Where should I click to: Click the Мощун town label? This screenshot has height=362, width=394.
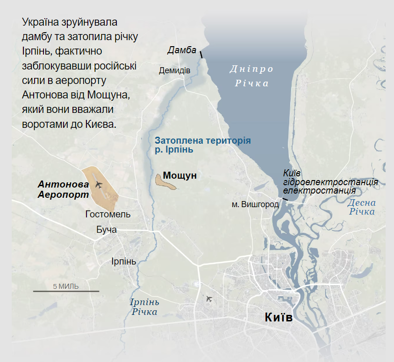pos(179,176)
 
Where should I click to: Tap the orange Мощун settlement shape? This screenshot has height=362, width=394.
pos(165,181)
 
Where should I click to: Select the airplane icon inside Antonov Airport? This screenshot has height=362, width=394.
pos(98,185)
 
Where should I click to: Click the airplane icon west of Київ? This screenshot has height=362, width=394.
pos(208,299)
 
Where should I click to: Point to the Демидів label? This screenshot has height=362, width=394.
pos(174,70)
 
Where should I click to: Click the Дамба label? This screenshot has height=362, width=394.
pos(182,50)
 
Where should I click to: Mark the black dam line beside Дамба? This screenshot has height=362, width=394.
pos(201,55)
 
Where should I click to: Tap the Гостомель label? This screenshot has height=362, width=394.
pos(108,214)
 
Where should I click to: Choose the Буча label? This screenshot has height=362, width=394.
pos(106,230)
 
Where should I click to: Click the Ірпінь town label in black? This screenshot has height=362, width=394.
pos(123,261)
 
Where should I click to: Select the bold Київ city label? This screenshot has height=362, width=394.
pos(279,318)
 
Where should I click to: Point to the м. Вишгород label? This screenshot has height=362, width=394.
pos(255,204)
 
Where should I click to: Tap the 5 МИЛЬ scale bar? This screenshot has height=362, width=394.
pos(66,291)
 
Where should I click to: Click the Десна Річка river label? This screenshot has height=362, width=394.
pos(362,207)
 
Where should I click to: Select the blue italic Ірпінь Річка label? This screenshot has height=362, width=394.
pos(144,307)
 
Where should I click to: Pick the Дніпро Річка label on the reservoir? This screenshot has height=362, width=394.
pos(252,76)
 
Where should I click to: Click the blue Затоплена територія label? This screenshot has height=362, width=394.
pos(202,145)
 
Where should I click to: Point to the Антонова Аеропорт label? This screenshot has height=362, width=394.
pos(63,189)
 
